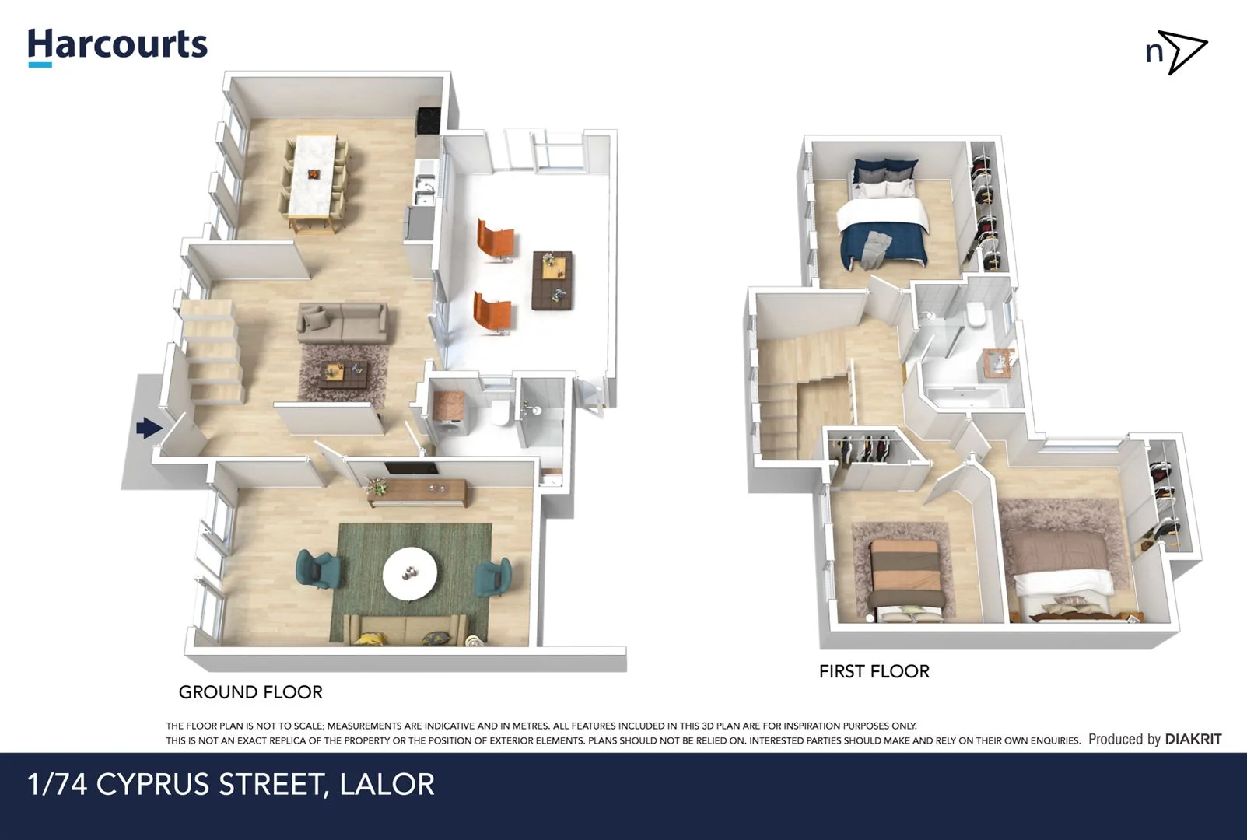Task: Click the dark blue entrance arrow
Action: [x=149, y=428]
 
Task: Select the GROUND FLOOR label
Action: [x=250, y=691]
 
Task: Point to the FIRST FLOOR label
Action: [x=874, y=671]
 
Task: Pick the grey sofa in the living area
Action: [x=343, y=323]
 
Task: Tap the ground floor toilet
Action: [x=501, y=412]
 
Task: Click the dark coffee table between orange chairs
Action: [x=552, y=279]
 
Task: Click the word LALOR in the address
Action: [x=387, y=784]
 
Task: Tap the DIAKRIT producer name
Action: [x=1193, y=739]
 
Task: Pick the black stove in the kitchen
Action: [x=429, y=120]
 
